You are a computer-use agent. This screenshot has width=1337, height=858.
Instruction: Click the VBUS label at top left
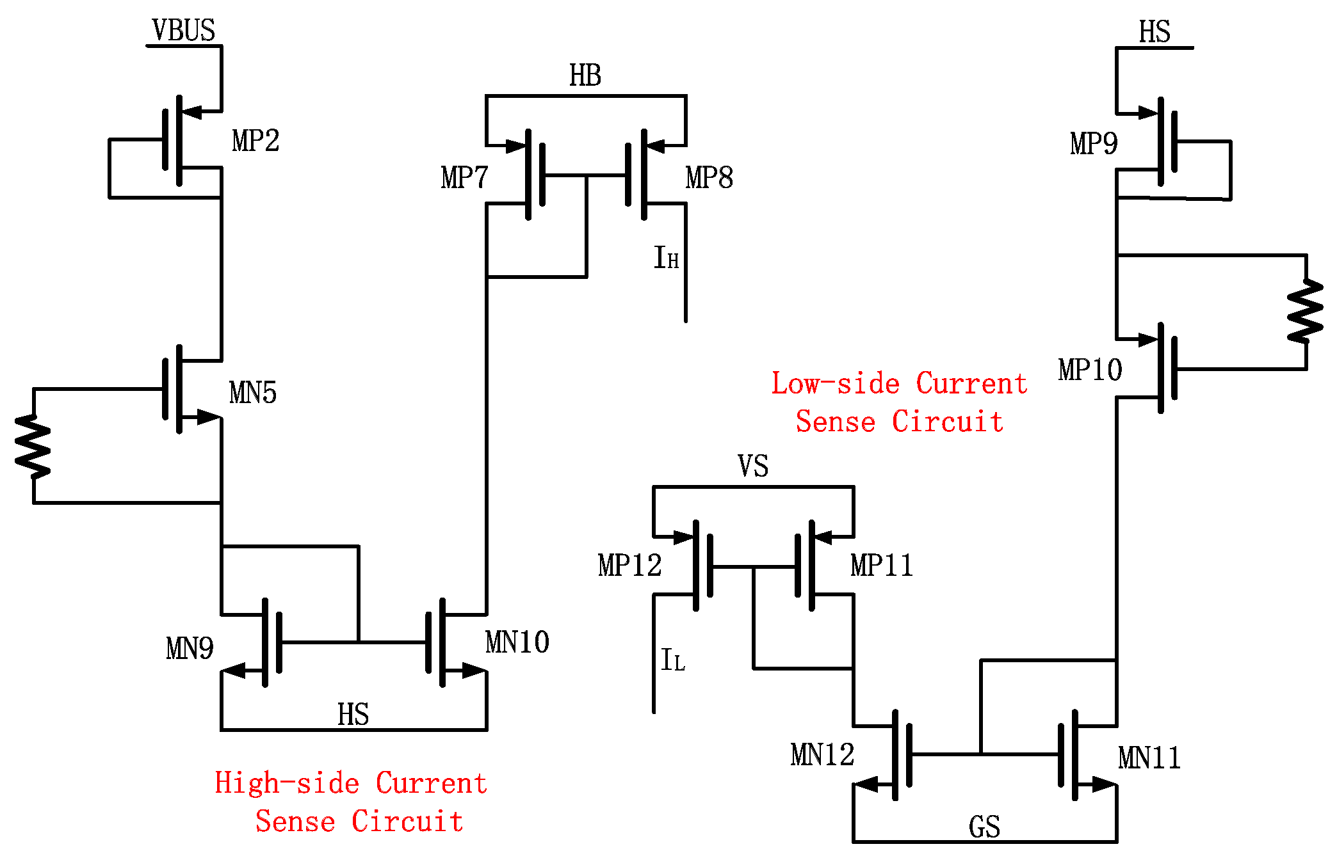point(183,31)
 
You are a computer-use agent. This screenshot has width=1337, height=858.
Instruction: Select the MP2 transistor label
point(255,141)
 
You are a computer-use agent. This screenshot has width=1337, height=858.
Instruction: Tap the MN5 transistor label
point(253,393)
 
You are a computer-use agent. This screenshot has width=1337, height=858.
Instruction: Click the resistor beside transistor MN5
point(33,446)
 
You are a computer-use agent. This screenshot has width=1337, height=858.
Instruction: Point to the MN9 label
point(190,649)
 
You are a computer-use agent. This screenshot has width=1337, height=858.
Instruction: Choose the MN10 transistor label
point(517,642)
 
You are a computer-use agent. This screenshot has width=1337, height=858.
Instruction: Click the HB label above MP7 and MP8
point(585,76)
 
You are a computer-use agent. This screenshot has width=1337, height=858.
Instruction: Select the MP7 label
point(464,178)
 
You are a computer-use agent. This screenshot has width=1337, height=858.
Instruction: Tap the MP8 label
point(709,178)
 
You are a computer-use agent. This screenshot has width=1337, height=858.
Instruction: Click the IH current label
point(666,258)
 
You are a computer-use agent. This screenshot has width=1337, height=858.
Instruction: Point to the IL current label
point(673,660)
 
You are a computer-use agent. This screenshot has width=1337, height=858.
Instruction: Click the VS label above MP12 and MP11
point(753,466)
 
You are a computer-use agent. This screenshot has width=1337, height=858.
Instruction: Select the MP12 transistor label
point(629,566)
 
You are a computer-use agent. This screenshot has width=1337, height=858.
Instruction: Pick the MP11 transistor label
point(882,566)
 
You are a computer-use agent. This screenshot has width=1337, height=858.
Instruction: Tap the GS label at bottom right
point(984,827)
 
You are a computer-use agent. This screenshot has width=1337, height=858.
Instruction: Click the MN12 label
point(822,755)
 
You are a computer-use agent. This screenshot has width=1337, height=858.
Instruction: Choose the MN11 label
point(1149,758)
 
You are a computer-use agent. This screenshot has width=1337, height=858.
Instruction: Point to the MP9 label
point(1094,143)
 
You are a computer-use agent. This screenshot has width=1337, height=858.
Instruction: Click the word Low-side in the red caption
point(835,384)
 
